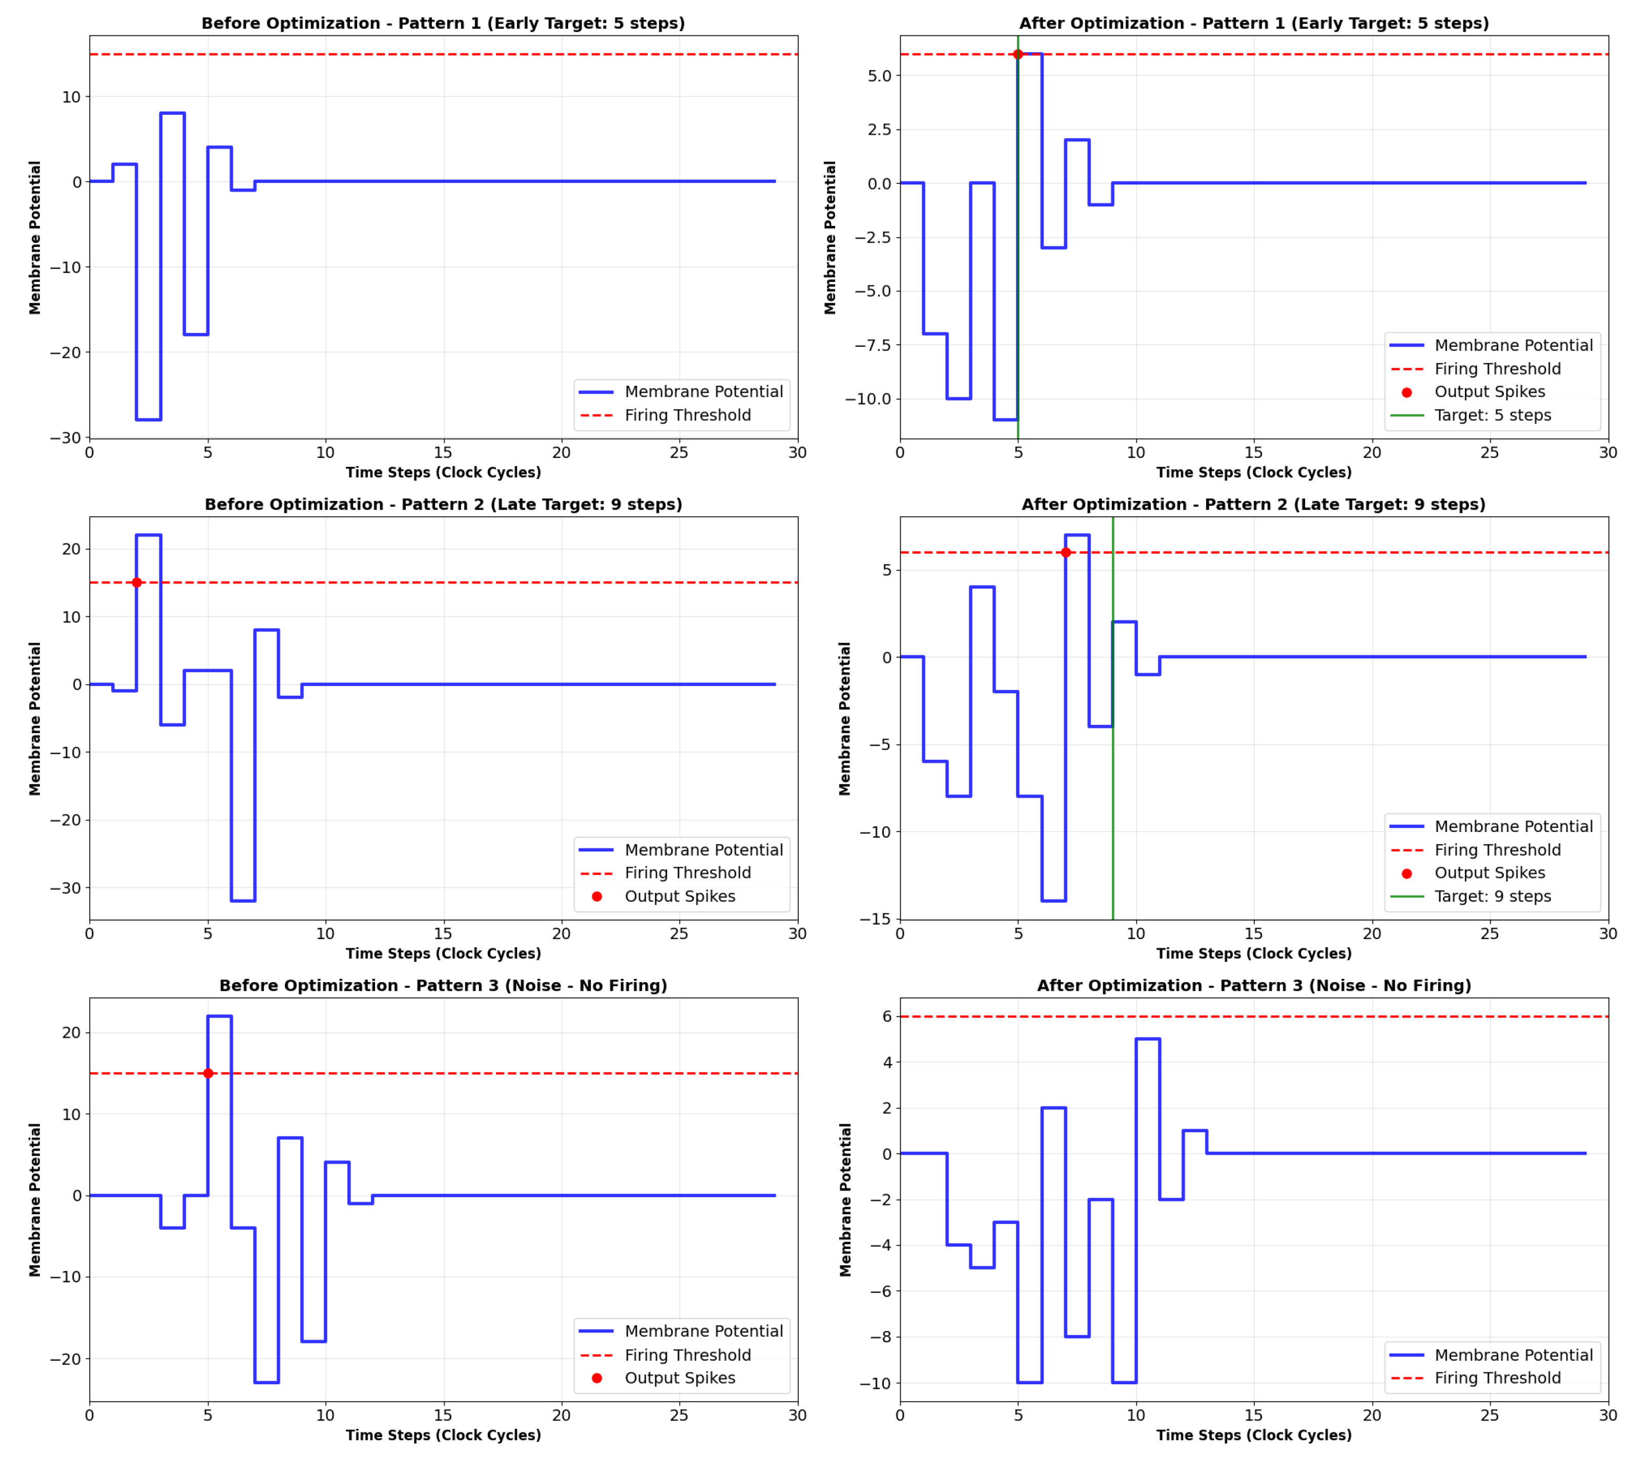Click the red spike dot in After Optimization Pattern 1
pos(1017,54)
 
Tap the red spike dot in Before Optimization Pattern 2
pos(137,582)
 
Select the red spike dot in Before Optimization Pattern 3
pos(208,1073)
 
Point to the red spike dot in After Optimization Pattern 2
pos(1065,552)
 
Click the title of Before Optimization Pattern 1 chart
pos(443,23)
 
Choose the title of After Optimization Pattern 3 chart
pos(1253,986)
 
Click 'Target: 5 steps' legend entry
pos(1492,414)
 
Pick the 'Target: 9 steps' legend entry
pos(1492,896)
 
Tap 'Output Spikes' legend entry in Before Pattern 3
pos(679,1377)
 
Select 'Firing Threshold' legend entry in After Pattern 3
pos(1497,1377)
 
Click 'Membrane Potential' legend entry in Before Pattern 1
pos(703,391)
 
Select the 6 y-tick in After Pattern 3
pos(886,1017)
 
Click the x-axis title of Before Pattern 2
pos(443,953)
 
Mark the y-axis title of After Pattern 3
pos(845,1199)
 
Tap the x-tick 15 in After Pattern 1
pos(1253,452)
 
